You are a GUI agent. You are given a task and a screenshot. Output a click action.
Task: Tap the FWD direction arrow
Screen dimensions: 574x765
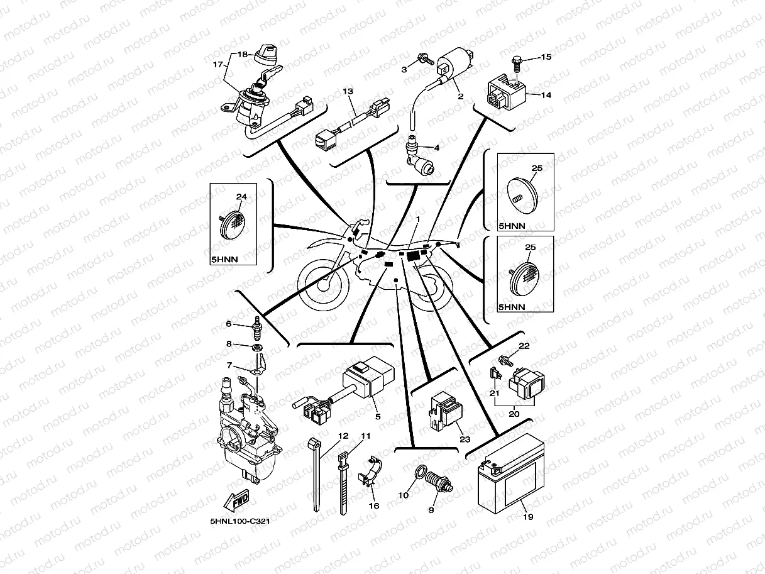tap(238, 502)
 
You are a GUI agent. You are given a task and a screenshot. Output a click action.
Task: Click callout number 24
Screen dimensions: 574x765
tap(241, 197)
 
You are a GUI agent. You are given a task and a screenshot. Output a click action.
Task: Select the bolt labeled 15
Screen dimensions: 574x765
tap(517, 62)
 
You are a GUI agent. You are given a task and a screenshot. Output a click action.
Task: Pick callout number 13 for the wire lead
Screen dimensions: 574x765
tap(348, 92)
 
